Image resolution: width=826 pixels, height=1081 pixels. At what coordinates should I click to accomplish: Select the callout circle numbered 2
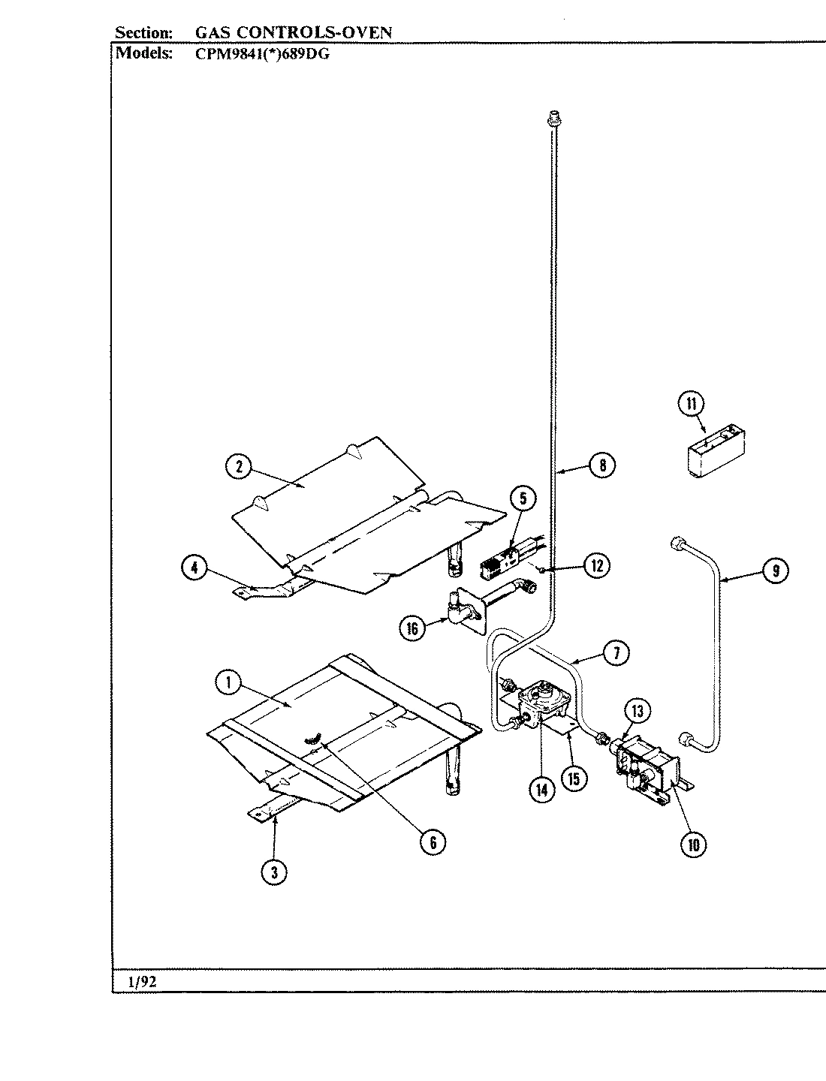(239, 467)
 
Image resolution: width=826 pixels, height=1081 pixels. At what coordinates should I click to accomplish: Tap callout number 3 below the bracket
(274, 872)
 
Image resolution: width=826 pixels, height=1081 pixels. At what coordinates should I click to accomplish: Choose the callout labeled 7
(616, 653)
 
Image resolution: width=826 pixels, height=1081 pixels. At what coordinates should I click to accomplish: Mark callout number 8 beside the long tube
(602, 465)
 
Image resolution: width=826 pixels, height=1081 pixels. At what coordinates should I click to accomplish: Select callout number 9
(775, 571)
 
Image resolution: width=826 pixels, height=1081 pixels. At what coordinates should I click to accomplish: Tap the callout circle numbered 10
(693, 845)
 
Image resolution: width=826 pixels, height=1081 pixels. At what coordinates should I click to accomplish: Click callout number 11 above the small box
(692, 404)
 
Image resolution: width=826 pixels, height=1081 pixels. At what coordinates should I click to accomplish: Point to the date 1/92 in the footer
(143, 982)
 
